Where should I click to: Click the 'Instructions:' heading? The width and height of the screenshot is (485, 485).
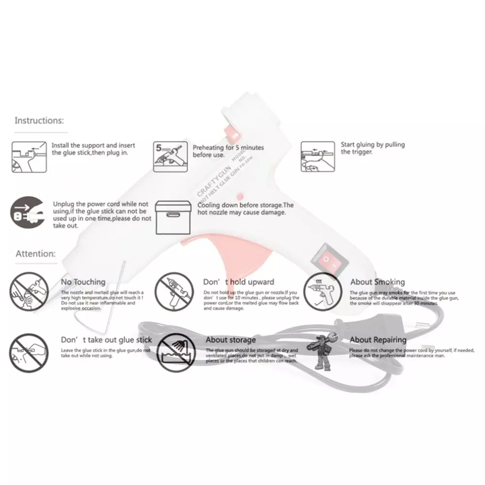(39, 120)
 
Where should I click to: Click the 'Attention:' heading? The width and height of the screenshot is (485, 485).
(36, 253)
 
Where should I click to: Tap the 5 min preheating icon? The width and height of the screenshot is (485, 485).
(169, 157)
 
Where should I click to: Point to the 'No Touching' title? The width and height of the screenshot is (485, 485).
(83, 282)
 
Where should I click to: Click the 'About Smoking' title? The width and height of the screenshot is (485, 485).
(377, 282)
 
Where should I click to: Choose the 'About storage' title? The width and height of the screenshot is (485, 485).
(230, 340)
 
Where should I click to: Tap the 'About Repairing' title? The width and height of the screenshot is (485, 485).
(378, 340)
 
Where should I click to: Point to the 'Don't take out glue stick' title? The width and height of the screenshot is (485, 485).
(106, 340)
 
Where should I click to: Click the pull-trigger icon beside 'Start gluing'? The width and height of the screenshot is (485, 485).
(317, 157)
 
